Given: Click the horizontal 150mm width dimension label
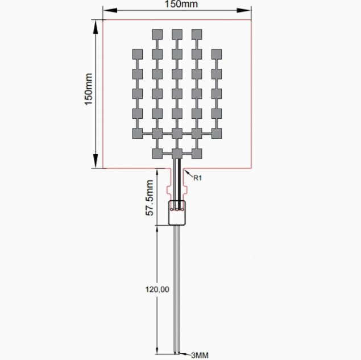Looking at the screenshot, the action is (x=181, y=4).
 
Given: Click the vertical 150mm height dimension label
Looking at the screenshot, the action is (x=89, y=89).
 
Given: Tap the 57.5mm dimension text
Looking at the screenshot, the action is (x=150, y=198).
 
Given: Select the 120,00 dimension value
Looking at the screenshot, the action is (x=157, y=289).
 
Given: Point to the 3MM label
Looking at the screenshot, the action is (x=200, y=355).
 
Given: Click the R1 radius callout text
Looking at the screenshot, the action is (x=197, y=178).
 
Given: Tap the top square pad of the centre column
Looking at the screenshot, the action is (x=177, y=35).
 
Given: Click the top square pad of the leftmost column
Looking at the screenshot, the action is (x=138, y=55).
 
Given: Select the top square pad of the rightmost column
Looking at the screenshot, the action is (x=217, y=55).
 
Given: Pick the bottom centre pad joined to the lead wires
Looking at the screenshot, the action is (x=177, y=154).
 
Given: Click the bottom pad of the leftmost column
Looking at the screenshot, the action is (x=138, y=134).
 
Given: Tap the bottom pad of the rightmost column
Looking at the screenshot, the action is (x=217, y=134).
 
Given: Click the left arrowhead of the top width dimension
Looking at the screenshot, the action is (x=110, y=10).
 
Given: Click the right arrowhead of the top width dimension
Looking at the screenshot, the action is (x=243, y=10).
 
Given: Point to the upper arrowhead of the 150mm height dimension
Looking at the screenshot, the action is (x=96, y=27).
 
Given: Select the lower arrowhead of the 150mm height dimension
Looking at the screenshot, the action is (x=96, y=161).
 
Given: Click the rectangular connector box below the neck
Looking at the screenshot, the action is (x=177, y=213).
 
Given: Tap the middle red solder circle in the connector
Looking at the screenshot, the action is (x=177, y=209).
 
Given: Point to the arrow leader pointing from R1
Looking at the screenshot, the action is (x=189, y=173).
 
